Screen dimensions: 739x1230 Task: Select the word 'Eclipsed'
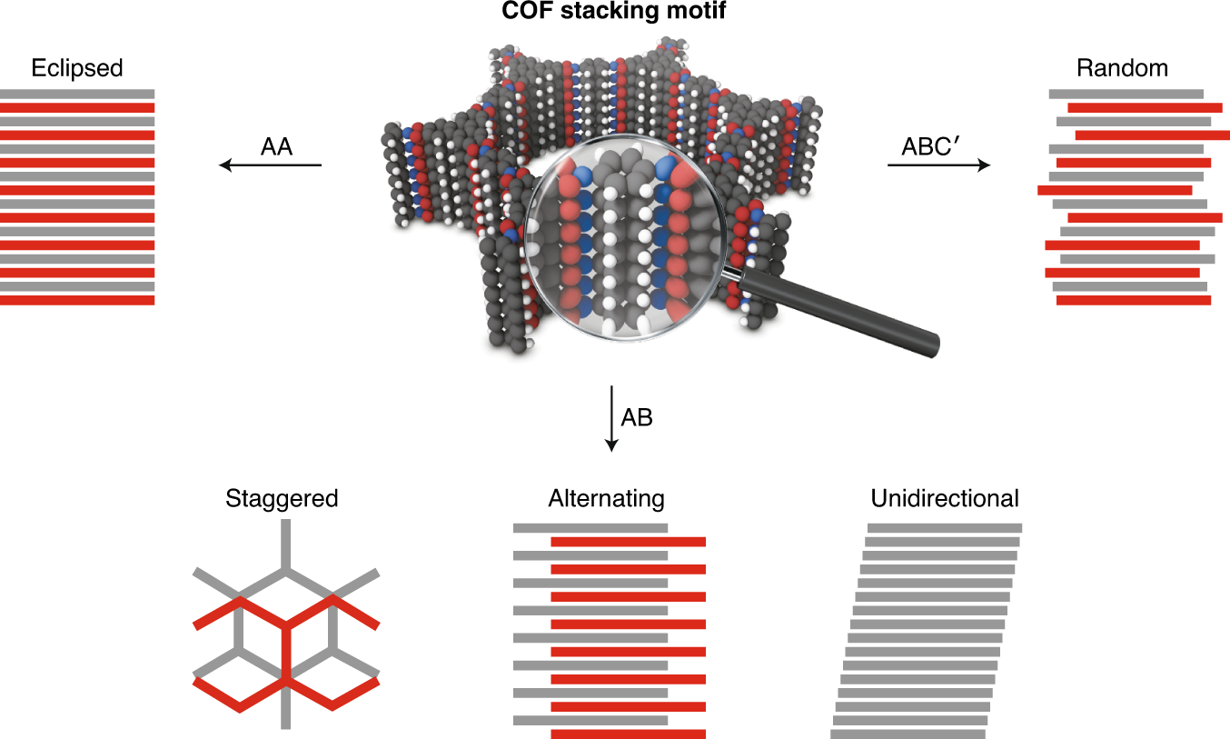pos(77,68)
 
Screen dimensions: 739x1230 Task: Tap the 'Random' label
pos(1122,68)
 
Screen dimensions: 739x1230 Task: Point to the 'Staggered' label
pos(283,498)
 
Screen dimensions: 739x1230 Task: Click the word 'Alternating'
pos(606,499)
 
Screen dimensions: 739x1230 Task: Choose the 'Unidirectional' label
pos(945,498)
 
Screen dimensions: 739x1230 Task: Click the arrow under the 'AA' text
pos(271,165)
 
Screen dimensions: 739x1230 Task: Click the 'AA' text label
pos(276,146)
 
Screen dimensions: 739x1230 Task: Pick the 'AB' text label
pos(637,417)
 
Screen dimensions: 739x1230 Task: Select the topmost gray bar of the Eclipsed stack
pos(77,93)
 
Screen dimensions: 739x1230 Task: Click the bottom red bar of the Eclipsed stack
pos(77,300)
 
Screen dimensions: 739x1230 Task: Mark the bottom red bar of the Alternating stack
pos(628,734)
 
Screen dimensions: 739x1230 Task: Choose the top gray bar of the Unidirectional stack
pos(945,527)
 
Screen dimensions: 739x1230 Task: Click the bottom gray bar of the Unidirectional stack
pos(908,734)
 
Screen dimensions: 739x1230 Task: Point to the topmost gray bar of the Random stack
pos(1126,94)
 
